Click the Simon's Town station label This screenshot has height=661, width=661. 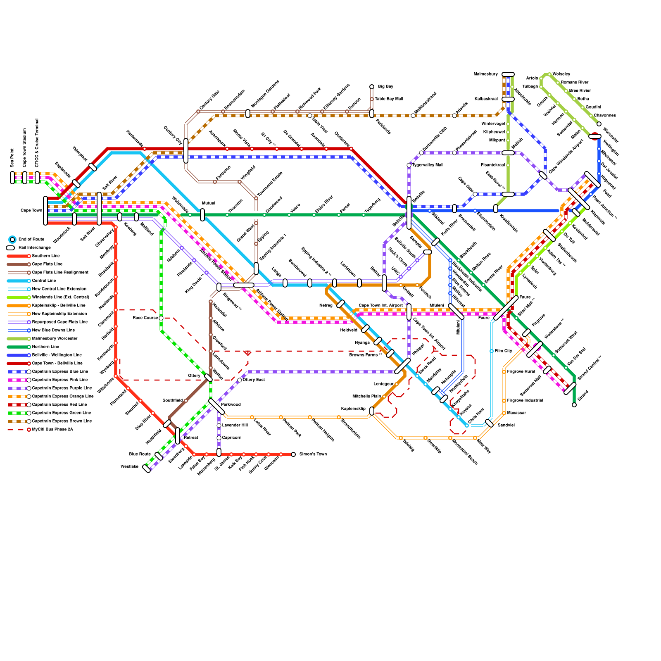click(313, 454)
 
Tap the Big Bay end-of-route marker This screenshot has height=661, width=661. click(372, 87)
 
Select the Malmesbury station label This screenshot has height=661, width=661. click(485, 74)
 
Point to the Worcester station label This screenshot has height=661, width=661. click(611, 135)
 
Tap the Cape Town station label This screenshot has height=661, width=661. click(31, 210)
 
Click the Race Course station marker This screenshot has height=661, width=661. click(161, 318)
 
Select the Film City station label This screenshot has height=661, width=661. click(503, 351)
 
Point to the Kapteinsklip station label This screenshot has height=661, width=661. click(353, 409)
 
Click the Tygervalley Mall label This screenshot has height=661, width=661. click(428, 165)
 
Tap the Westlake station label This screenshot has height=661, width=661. click(129, 466)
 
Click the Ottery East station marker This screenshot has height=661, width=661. click(240, 380)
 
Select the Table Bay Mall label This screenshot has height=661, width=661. click(389, 99)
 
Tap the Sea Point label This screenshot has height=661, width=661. click(12, 158)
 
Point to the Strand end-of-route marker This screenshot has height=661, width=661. click(574, 405)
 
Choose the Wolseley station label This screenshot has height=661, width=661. click(561, 74)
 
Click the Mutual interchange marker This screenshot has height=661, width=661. click(202, 215)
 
